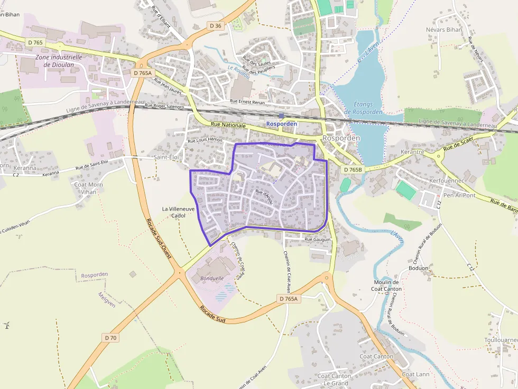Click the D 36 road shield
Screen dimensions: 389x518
click(x=215, y=25)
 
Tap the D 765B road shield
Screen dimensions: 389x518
click(x=353, y=170)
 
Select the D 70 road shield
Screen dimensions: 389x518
click(x=110, y=337)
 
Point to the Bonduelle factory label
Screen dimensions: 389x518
click(x=212, y=278)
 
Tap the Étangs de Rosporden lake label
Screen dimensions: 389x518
click(x=363, y=108)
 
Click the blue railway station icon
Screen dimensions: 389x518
click(x=281, y=116)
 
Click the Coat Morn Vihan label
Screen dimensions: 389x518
click(x=88, y=188)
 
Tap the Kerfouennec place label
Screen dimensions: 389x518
click(x=447, y=181)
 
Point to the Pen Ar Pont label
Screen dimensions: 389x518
click(x=459, y=195)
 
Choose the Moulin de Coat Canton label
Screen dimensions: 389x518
click(x=386, y=286)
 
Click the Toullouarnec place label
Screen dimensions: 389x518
click(x=501, y=340)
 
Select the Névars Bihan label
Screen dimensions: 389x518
click(x=444, y=30)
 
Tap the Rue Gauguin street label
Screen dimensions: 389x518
click(x=318, y=240)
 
